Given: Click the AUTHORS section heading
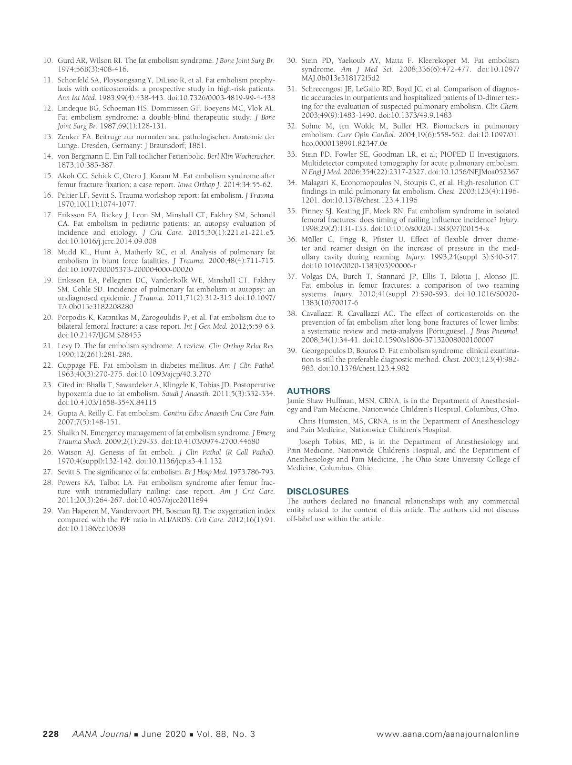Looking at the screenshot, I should (308, 391).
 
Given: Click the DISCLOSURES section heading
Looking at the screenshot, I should (318, 492).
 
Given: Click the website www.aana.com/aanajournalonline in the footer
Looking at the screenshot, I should (448, 734).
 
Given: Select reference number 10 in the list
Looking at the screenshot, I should (48, 60).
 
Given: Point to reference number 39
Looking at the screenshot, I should (292, 351).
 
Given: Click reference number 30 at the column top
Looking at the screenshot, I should (292, 60).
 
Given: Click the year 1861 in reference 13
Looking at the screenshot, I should (197, 146).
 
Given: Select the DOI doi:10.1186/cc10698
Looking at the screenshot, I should (92, 529).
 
